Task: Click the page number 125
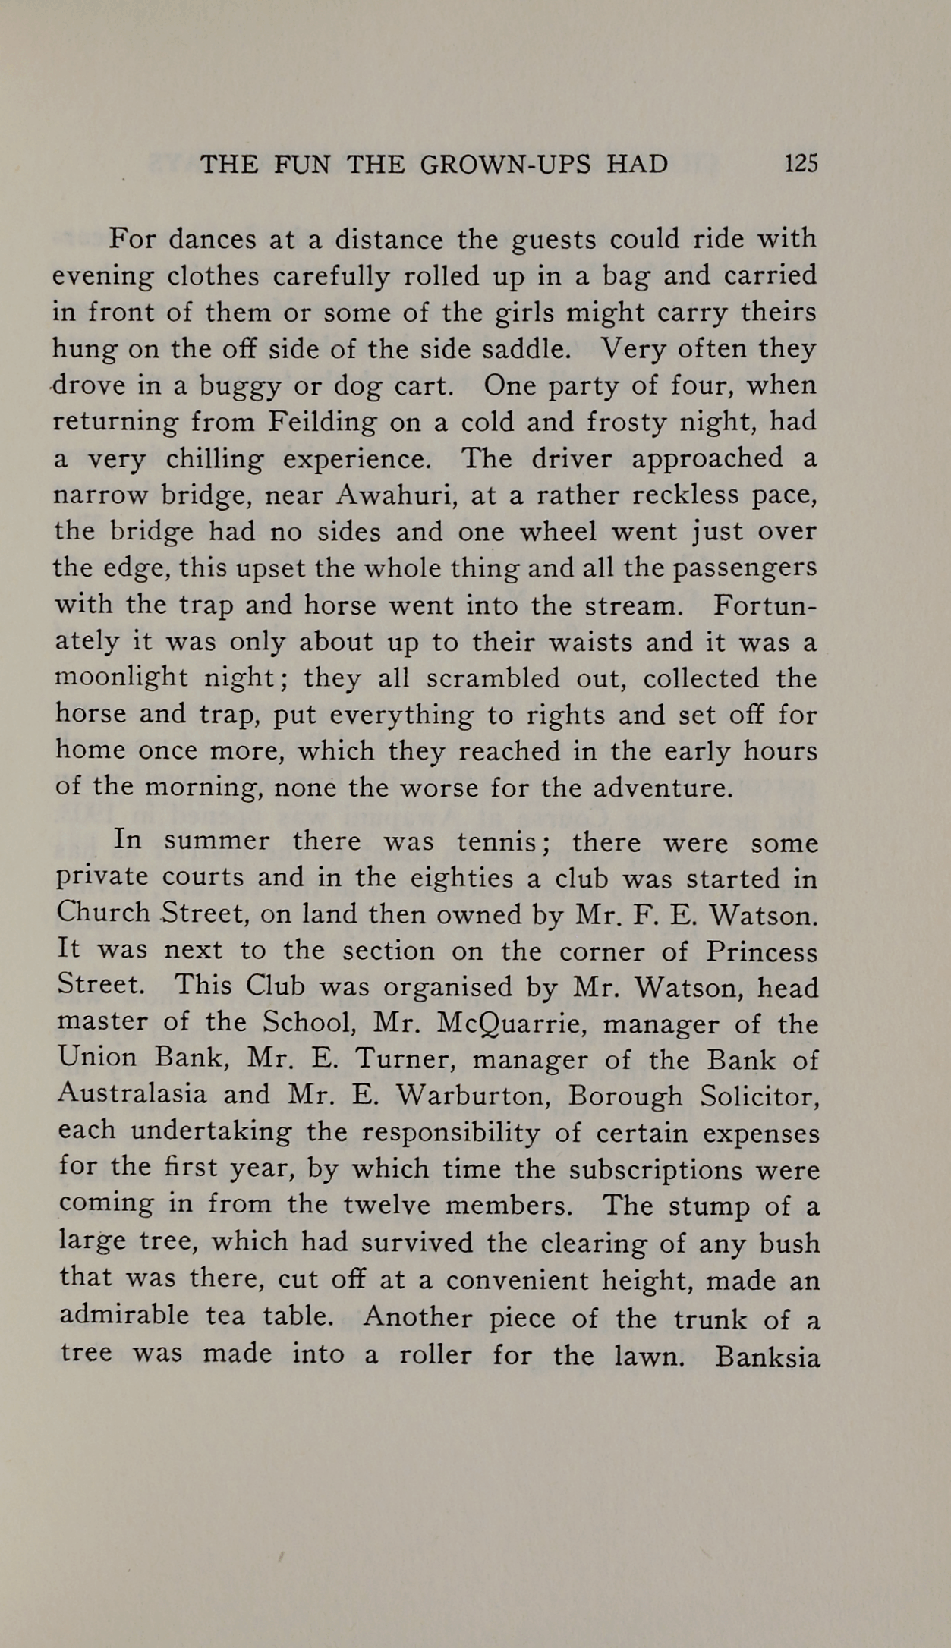coord(801,163)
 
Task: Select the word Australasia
coord(132,1095)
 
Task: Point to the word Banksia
coord(767,1356)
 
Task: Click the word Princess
coord(762,951)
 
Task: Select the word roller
coord(434,1355)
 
